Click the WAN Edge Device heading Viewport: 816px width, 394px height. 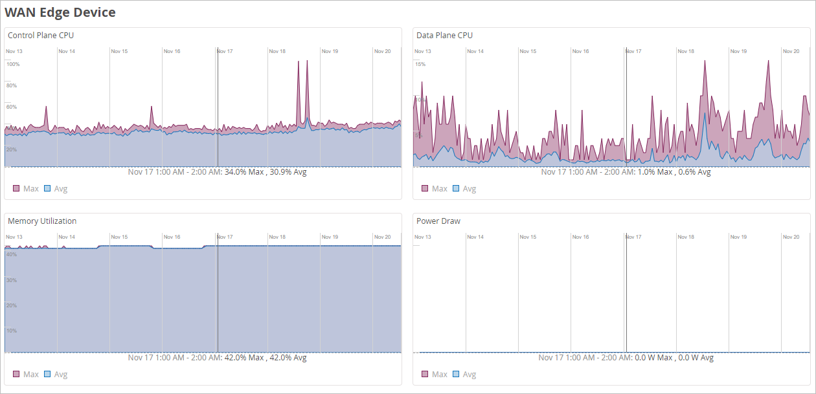click(60, 12)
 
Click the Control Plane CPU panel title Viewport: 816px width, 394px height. click(41, 36)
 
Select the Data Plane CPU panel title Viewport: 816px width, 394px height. click(444, 36)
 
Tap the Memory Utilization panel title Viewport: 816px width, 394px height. click(42, 221)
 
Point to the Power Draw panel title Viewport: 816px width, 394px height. click(438, 221)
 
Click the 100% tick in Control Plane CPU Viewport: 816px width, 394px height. click(13, 64)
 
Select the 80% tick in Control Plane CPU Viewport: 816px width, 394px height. click(12, 85)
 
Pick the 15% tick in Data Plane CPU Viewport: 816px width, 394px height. click(420, 64)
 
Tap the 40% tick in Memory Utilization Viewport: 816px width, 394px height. click(11, 254)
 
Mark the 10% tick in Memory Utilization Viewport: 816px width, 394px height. click(11, 331)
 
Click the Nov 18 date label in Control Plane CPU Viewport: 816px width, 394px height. click(277, 51)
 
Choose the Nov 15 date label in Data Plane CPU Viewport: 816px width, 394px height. click(528, 51)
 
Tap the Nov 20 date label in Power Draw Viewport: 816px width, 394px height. click(791, 237)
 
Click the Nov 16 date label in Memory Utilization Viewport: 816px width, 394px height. click(172, 237)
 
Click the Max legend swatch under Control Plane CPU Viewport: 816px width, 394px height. click(16, 189)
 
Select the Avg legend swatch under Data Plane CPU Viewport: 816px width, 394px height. click(456, 189)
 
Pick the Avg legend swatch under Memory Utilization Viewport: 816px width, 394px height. click(47, 375)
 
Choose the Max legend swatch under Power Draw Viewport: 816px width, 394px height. click(425, 375)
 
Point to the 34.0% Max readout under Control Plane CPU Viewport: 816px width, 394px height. click(244, 172)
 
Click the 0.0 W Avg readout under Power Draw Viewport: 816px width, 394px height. click(694, 358)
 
